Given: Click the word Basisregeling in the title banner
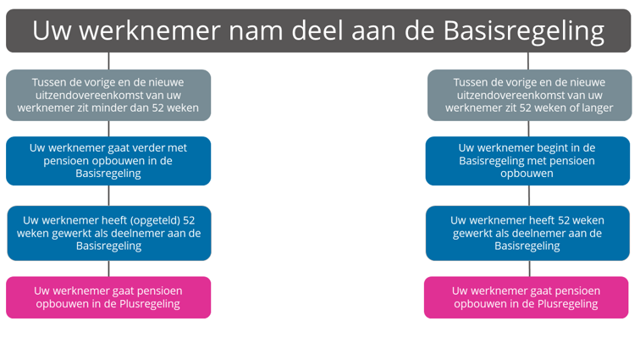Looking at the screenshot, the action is (x=524, y=31).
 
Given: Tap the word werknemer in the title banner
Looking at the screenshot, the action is (x=149, y=30).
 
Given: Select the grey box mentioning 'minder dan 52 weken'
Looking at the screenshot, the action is (x=108, y=95).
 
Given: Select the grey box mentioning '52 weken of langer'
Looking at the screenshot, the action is (x=529, y=95).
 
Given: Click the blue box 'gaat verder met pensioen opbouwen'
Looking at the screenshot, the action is (x=108, y=161).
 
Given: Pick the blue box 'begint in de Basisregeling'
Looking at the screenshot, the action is (x=527, y=161).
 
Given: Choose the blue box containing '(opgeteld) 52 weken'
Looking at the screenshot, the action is (x=109, y=233).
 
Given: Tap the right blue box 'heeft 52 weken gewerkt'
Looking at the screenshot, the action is (x=527, y=233).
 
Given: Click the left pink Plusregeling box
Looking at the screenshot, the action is (x=108, y=297).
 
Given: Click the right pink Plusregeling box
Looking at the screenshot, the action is (x=526, y=297).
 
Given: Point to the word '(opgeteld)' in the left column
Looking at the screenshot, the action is (x=155, y=220).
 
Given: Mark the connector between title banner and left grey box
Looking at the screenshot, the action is (x=108, y=61).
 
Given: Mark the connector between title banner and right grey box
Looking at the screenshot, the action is (x=528, y=61).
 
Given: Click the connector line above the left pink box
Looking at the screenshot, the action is (x=108, y=269).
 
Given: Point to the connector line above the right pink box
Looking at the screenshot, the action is (x=530, y=269).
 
